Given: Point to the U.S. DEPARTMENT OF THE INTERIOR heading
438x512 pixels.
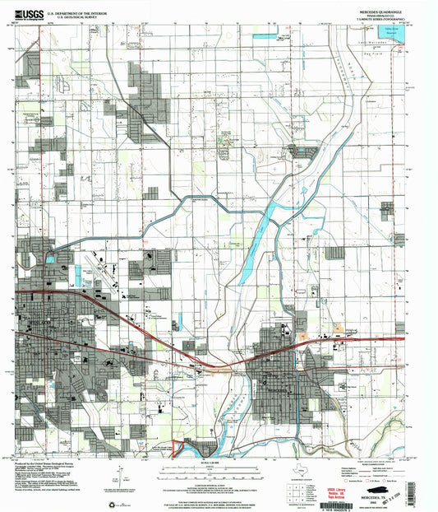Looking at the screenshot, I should pyautogui.click(x=76, y=12).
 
